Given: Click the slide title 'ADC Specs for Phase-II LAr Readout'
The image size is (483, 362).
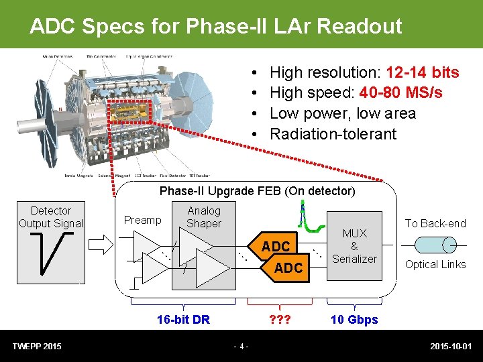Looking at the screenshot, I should tap(215, 26).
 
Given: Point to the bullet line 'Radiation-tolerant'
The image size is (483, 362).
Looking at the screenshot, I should tap(333, 133).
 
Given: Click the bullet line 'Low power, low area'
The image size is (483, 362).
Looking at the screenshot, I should tap(342, 113).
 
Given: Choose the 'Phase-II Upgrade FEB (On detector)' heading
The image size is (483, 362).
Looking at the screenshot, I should tap(257, 191).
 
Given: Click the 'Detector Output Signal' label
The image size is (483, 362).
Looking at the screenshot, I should tap(51, 217).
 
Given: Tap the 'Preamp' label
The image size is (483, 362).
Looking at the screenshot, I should tap(142, 221).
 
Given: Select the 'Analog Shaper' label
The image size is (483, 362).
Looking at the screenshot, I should tap(204, 217).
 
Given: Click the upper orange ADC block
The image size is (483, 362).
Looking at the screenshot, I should tap(275, 247).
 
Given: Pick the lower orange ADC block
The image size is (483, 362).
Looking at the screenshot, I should tap(288, 268).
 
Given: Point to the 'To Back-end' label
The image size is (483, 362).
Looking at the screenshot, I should tap(435, 223).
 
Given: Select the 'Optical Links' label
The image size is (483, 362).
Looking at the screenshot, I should tap(435, 265).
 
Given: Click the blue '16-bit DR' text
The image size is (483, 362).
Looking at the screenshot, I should tap(183, 320).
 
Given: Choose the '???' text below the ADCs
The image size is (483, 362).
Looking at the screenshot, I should tap(277, 320).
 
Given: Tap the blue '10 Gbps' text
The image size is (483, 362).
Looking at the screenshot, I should tap(354, 320).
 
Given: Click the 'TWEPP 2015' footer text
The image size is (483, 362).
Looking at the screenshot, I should tap(37, 346).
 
